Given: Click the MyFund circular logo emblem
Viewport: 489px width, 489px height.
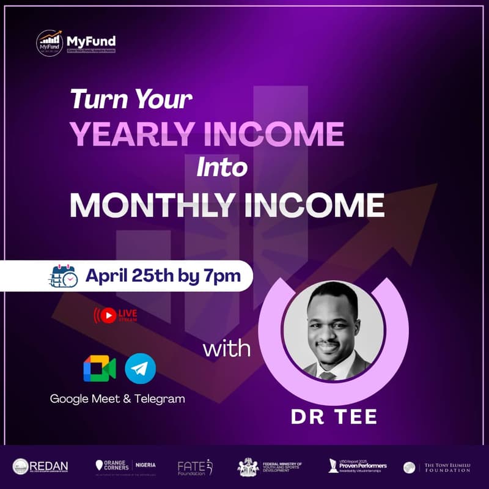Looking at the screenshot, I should click(x=50, y=43).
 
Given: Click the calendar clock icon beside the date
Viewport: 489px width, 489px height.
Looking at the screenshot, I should click(x=62, y=276).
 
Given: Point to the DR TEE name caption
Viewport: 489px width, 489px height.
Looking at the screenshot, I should click(x=334, y=418).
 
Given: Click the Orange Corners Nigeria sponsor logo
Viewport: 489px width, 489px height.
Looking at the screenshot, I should click(x=125, y=466).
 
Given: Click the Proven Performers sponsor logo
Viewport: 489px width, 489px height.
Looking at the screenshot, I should click(x=358, y=466).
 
